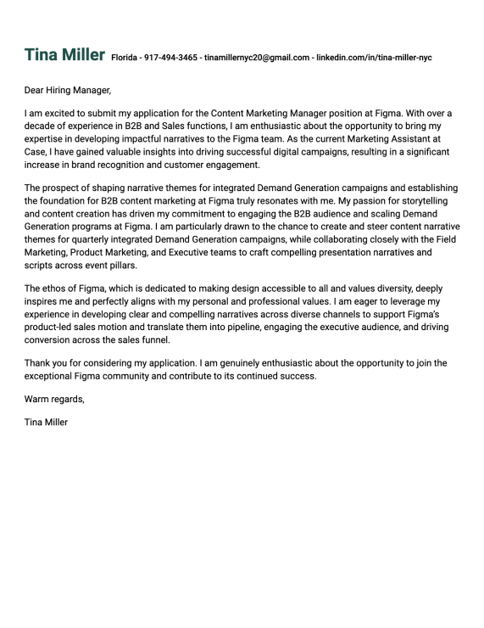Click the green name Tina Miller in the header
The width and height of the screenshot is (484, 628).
(x=65, y=55)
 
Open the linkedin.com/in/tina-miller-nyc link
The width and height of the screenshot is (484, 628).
(x=374, y=58)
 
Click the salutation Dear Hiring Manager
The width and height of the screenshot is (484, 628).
(x=68, y=90)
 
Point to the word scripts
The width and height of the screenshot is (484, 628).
(x=40, y=266)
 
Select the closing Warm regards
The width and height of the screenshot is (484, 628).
(x=54, y=399)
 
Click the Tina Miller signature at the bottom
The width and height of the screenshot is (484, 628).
(x=47, y=422)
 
